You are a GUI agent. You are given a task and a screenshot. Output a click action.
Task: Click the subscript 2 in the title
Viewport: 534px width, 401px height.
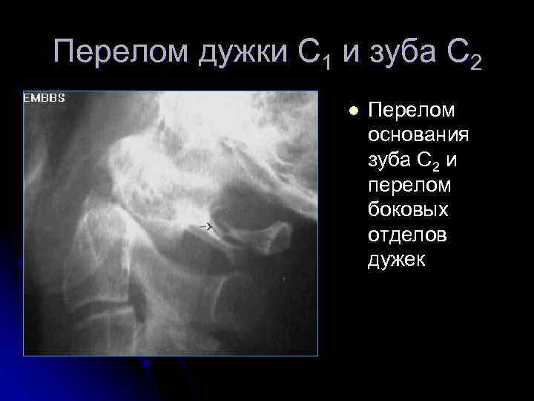475,63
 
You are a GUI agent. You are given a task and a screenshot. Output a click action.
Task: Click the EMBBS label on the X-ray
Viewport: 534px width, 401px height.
44,98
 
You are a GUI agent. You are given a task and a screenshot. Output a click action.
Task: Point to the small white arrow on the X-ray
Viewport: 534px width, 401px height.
205,225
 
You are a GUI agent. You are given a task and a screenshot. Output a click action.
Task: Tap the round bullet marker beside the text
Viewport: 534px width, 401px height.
353,111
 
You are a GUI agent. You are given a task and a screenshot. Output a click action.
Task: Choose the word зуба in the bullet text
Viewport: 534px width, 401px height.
386,160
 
